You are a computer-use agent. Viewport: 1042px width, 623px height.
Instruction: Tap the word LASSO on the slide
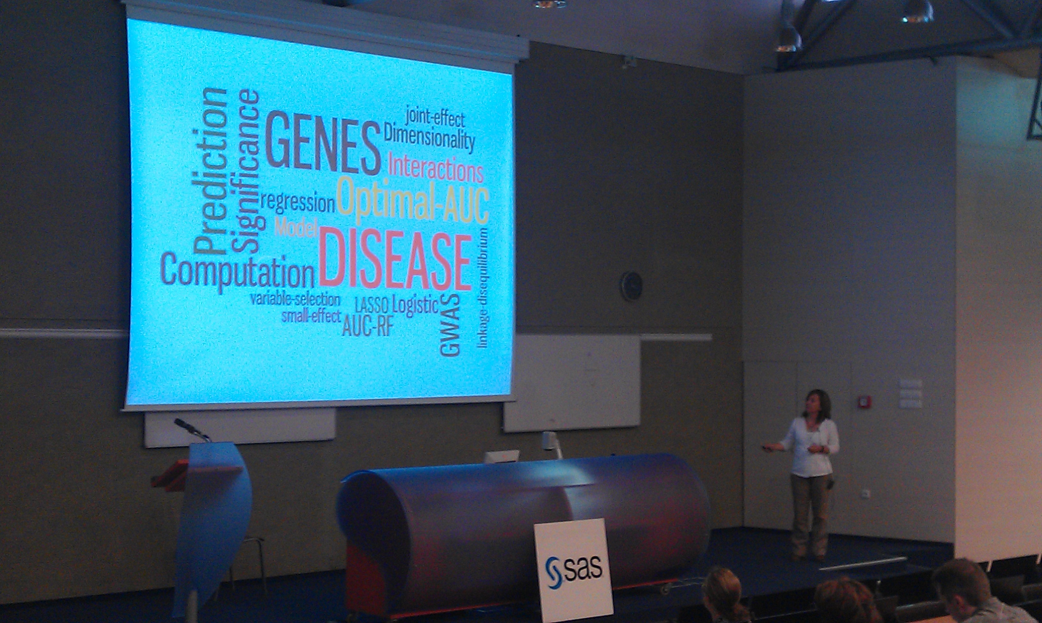coord(372,305)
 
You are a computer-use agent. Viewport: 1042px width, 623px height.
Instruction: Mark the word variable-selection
coord(295,299)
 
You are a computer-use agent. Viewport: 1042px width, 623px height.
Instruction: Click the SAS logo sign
coord(573,570)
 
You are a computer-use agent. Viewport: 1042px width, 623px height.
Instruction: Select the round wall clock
coord(631,286)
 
